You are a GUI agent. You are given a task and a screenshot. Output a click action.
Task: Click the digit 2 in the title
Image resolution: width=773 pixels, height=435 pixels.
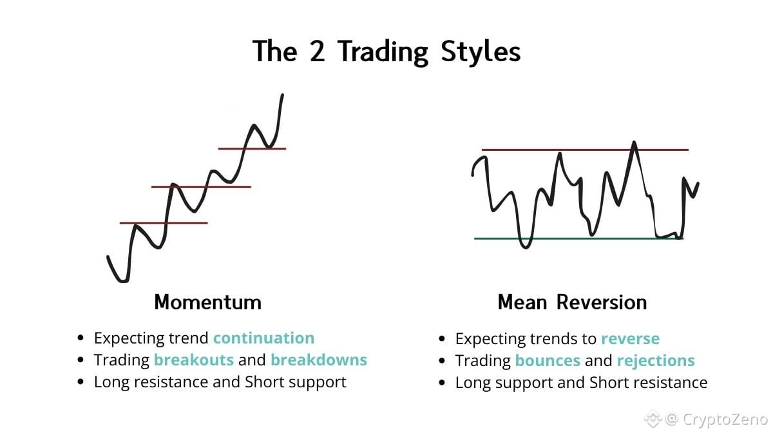pos(317,52)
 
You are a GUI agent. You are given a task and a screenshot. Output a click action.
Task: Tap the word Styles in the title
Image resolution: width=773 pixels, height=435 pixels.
pos(481,52)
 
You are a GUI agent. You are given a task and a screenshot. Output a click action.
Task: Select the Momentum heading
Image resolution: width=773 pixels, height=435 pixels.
pos(207,302)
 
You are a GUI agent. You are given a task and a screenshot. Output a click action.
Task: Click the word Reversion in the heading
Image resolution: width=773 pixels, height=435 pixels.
pos(602,302)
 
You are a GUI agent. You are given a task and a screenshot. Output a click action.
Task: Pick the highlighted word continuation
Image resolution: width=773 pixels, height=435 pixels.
pos(264,338)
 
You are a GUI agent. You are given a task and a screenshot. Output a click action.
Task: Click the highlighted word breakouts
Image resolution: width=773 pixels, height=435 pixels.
pos(194,360)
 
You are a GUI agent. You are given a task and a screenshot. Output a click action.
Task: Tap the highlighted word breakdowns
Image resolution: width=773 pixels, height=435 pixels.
pos(319,360)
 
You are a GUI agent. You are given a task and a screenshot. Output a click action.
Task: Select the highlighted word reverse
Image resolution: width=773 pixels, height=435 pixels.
pos(631,339)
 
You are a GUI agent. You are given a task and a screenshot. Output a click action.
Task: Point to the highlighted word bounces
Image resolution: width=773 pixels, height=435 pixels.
pos(548,360)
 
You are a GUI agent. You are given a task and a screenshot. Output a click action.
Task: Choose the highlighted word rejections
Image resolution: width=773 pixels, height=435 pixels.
pos(656,361)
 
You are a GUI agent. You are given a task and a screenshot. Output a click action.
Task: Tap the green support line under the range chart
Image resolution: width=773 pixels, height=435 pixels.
pos(578,238)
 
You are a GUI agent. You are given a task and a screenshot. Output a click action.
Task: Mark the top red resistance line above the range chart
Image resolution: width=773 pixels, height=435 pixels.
pos(586,150)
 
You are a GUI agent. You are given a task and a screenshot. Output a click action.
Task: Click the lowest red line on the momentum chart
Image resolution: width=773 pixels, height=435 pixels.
pos(164,223)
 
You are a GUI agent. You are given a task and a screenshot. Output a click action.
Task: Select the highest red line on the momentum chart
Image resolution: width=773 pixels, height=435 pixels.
pos(253,149)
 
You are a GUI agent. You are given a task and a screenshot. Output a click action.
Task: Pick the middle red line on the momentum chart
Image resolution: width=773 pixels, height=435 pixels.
pos(201,187)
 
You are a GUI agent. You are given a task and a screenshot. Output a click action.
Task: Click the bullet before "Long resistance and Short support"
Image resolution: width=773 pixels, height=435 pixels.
pos(81,382)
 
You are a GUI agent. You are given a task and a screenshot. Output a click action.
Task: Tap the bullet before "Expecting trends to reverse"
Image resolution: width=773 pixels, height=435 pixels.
pos(442,339)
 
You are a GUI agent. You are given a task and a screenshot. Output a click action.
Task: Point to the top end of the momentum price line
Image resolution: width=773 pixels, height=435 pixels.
pos(283,94)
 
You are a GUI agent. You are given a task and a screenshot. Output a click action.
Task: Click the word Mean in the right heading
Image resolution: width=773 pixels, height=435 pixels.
pos(522,302)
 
